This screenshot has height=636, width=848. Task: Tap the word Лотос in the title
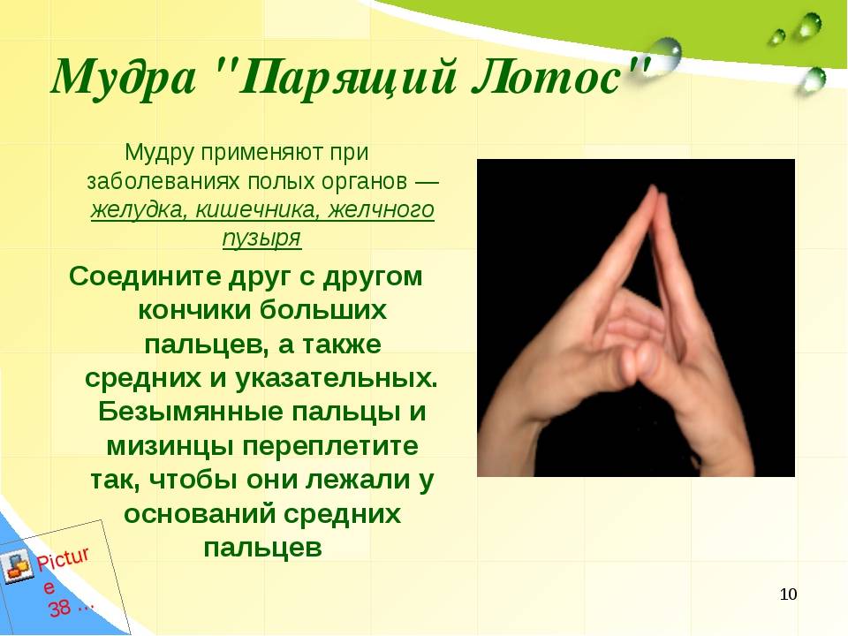[545, 78]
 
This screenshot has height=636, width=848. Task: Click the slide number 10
[789, 594]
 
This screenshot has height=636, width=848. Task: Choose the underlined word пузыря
[261, 238]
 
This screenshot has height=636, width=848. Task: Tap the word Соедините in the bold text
[145, 276]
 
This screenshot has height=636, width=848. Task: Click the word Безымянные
[191, 413]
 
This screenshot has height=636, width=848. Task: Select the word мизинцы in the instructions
[170, 447]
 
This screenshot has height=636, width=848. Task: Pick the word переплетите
[329, 447]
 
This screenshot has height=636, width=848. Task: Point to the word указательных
[337, 379]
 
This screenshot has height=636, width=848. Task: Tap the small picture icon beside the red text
[16, 566]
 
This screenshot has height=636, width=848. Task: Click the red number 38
[59, 609]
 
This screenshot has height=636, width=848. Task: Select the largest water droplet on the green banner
[663, 53]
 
